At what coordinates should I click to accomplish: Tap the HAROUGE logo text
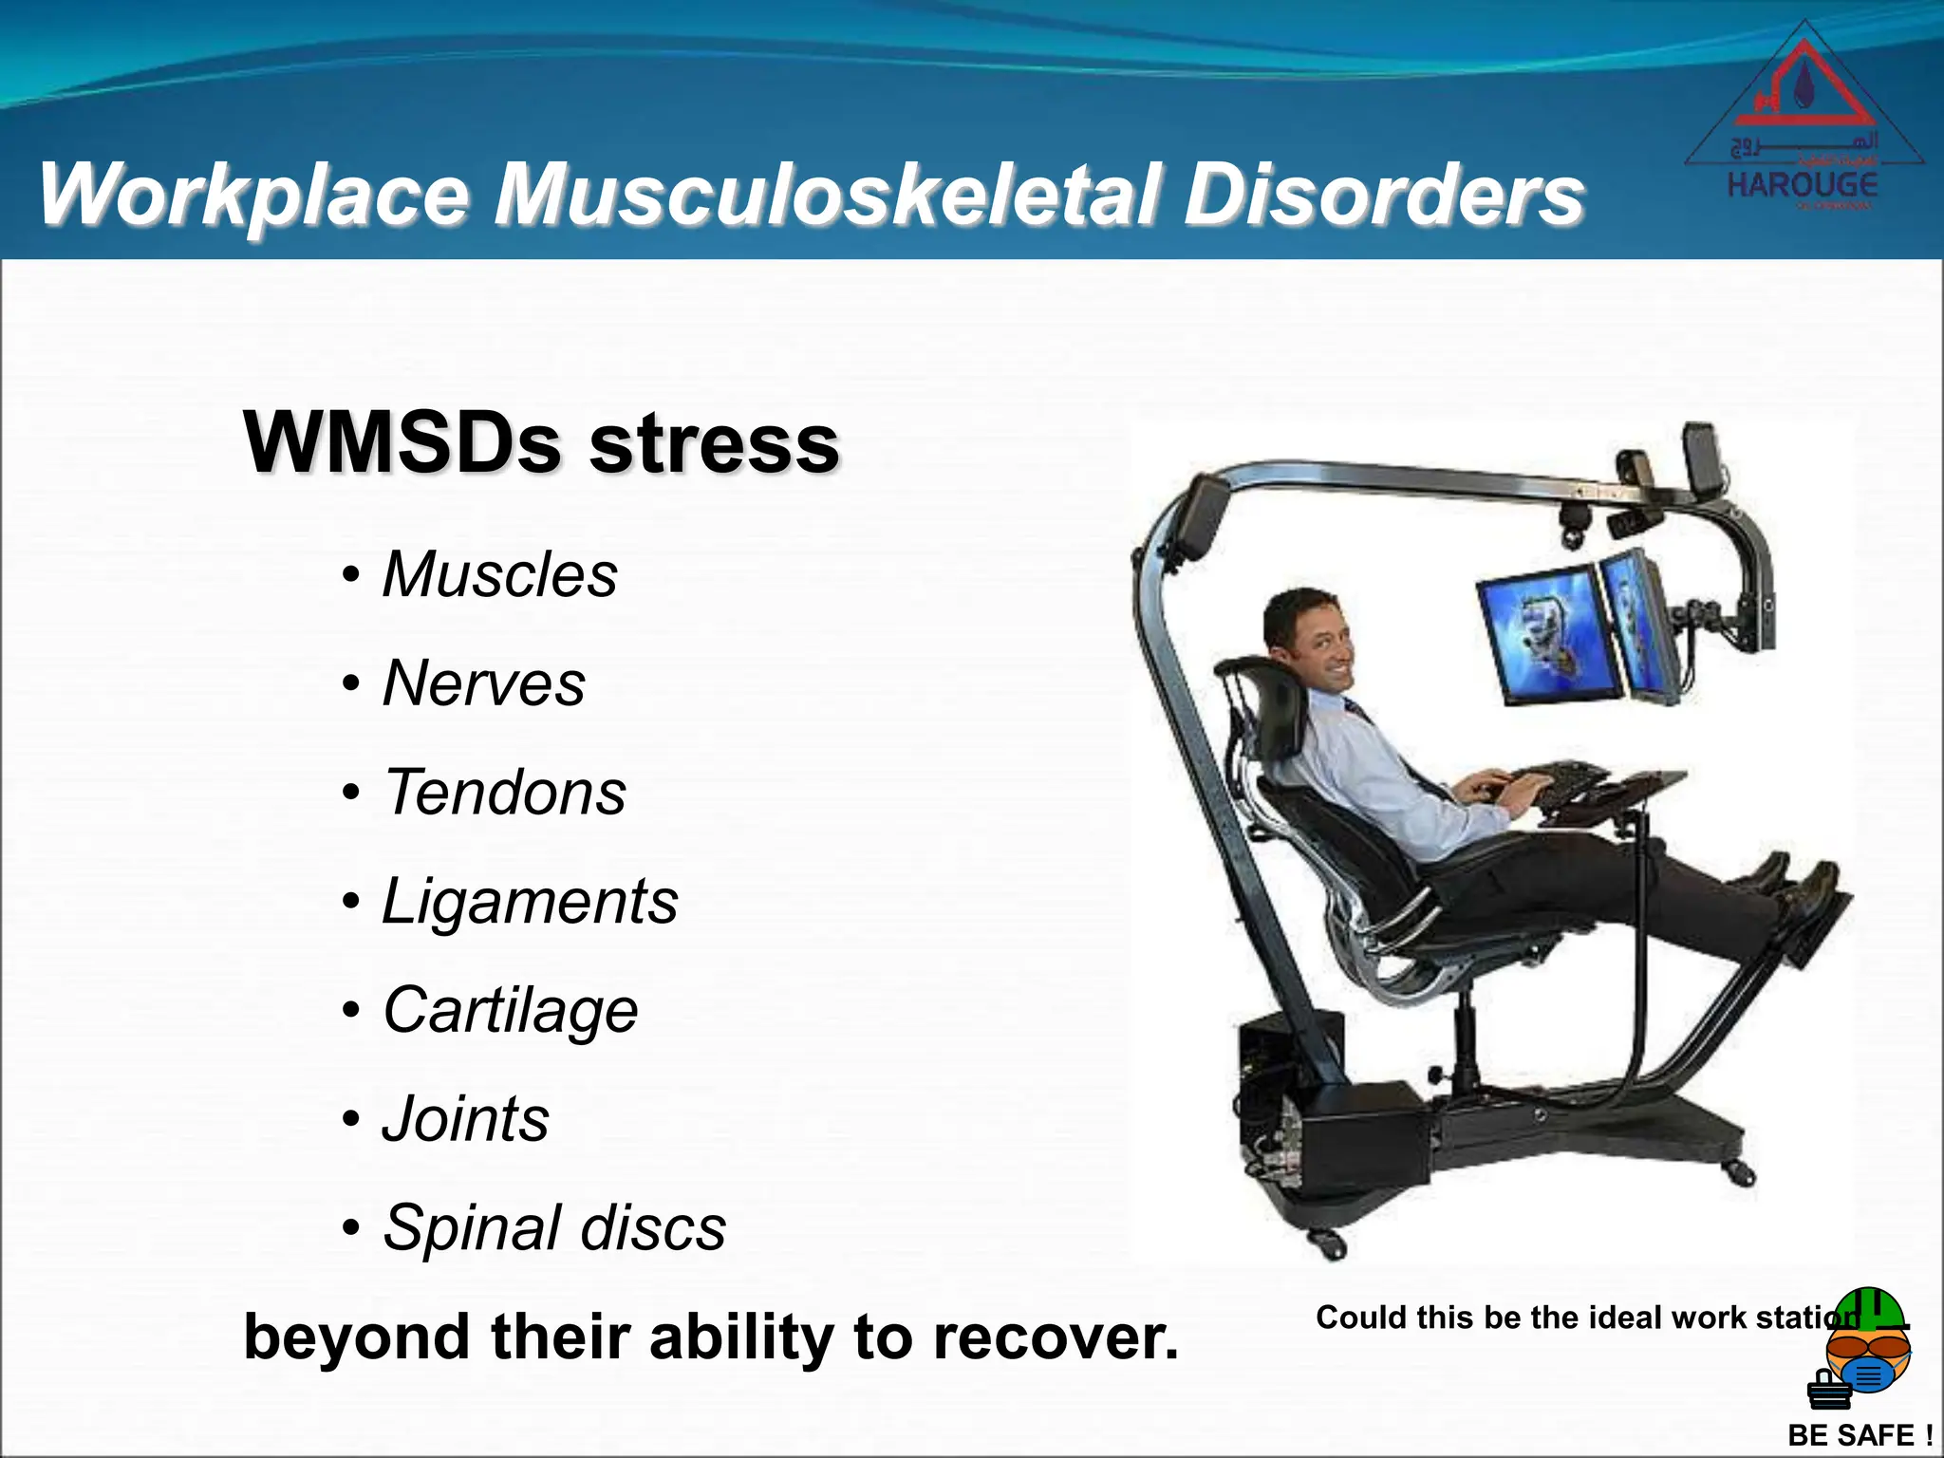click(x=1802, y=184)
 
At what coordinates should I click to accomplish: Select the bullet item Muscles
click(x=499, y=575)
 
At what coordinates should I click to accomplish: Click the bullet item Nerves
click(x=483, y=683)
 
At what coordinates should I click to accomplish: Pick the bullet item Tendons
click(x=504, y=793)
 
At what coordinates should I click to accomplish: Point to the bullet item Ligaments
click(x=530, y=901)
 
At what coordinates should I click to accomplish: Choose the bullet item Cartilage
click(x=510, y=1010)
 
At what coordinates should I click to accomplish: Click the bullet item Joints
click(x=465, y=1119)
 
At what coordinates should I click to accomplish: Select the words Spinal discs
click(x=554, y=1228)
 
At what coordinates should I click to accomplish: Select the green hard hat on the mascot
click(x=1868, y=1310)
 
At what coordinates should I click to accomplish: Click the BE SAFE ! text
click(x=1859, y=1435)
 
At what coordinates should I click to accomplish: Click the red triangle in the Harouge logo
click(x=1804, y=90)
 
